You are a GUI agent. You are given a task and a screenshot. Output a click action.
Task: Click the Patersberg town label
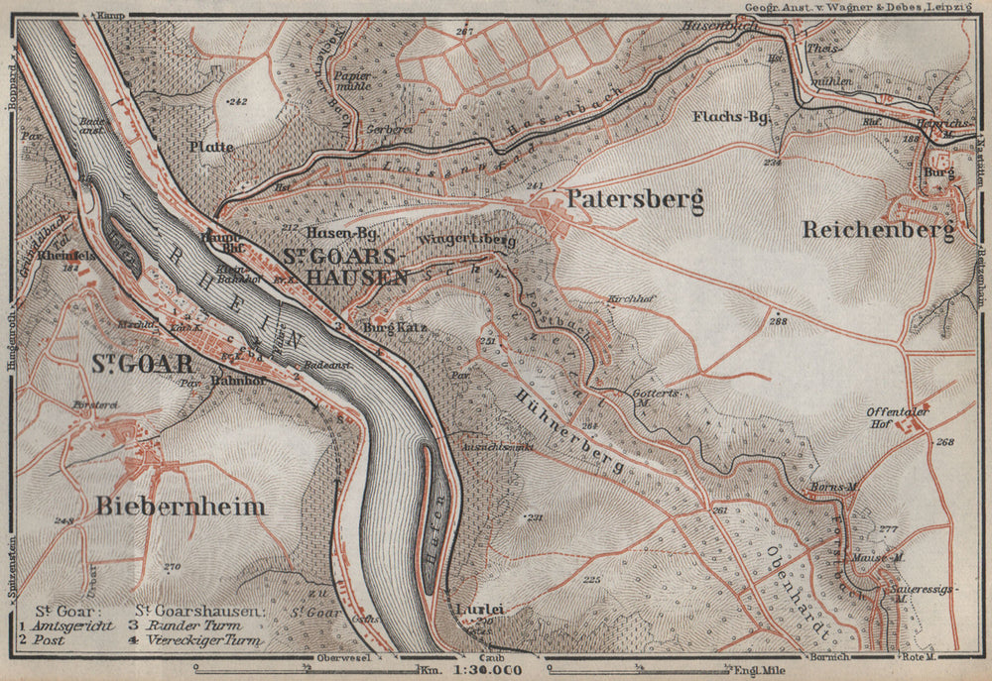(x=634, y=199)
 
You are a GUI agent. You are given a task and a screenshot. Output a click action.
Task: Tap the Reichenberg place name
(x=879, y=230)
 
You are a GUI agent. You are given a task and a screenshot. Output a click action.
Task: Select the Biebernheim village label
(x=181, y=507)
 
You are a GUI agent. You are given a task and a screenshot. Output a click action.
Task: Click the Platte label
(x=209, y=147)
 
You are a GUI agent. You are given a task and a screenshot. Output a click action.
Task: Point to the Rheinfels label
(x=66, y=254)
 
